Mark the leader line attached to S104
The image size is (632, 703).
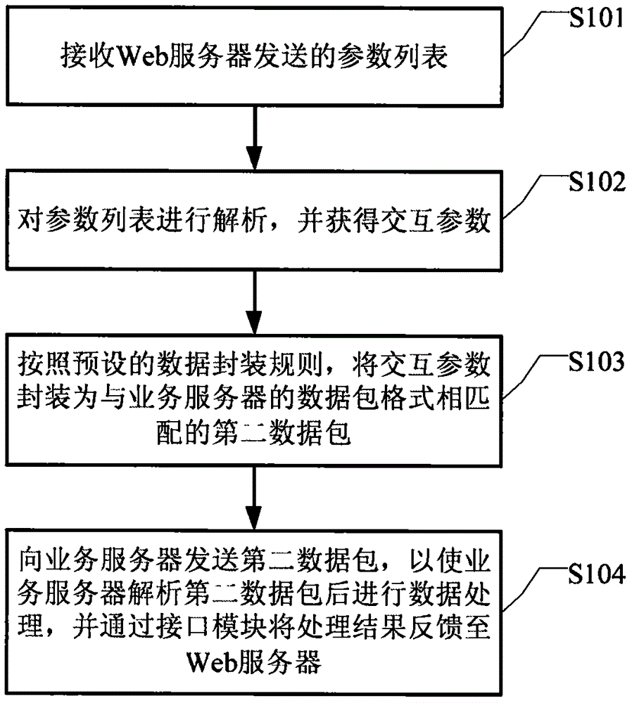[x=531, y=591]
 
